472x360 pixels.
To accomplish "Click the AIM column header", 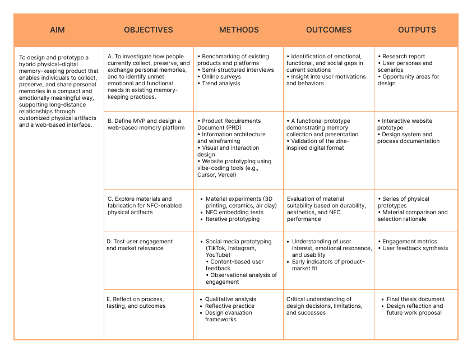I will [58, 30].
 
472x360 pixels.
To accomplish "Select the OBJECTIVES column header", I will [148, 30].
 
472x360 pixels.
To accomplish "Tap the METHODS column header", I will [239, 30].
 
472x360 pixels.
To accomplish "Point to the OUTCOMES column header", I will [329, 30].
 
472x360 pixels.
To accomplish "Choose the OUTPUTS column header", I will [417, 30].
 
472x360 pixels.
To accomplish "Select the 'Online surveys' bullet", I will [221, 76].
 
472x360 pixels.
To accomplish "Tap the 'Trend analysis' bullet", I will [221, 83].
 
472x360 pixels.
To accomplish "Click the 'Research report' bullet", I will [403, 56].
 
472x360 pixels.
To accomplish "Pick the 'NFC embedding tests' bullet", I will [234, 212].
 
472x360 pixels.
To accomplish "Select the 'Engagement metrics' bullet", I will [409, 241].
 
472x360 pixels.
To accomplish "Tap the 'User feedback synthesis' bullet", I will [415, 248].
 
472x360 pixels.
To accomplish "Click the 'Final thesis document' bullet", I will [415, 299].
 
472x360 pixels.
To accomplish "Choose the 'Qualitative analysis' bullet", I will [230, 299].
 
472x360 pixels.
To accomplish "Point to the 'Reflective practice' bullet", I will [229, 306].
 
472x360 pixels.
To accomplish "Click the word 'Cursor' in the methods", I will [207, 175].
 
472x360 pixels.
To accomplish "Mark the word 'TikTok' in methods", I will [216, 248].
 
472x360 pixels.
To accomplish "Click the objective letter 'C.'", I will [110, 199].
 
